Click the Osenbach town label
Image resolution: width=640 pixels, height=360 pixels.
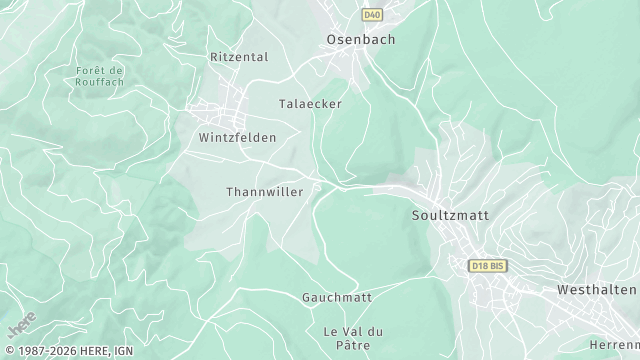click(361, 40)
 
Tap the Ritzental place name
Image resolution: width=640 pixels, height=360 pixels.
click(239, 57)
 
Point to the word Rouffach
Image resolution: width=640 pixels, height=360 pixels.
click(99, 82)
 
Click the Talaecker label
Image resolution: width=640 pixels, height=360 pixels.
click(310, 103)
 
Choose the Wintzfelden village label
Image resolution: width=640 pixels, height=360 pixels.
click(237, 137)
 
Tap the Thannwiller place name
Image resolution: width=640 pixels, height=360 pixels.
click(264, 191)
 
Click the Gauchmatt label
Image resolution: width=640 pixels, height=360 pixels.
click(337, 297)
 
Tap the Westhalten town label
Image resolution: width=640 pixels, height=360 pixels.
click(597, 289)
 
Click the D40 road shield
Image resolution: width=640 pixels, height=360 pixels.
click(372, 15)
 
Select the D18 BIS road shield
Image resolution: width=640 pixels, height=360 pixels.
click(489, 265)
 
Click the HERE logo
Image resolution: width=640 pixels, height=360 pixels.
click(21, 326)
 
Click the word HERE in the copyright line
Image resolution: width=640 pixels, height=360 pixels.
click(96, 351)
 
